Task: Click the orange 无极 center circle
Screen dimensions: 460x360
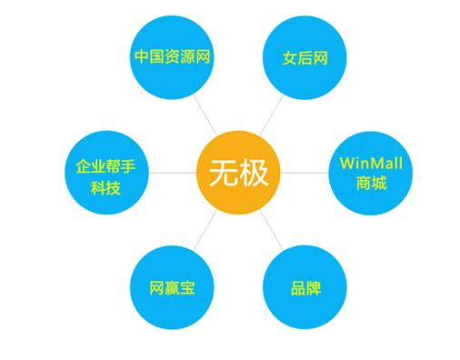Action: tap(238, 173)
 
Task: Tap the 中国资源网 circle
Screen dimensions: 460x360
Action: tap(172, 57)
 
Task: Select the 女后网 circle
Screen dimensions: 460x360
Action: tap(305, 57)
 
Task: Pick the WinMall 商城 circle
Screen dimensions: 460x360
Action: tap(371, 173)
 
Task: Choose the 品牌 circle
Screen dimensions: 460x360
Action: tap(305, 287)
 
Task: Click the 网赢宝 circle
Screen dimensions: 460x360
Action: tap(172, 287)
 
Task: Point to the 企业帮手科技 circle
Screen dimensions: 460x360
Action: tap(106, 173)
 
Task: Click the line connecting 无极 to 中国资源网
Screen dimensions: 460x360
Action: tap(205, 115)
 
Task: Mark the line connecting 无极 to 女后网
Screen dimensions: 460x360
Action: tap(272, 115)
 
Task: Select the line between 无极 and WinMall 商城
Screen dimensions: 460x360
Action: tap(305, 173)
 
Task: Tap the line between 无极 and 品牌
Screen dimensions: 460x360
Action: tap(272, 230)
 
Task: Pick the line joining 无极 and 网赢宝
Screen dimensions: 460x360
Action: tap(205, 230)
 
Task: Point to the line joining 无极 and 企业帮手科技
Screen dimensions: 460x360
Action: tap(173, 173)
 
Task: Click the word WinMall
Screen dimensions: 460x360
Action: tap(371, 164)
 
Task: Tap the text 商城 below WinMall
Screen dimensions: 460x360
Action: tap(371, 183)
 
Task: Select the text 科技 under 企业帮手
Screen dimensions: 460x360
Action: tap(105, 188)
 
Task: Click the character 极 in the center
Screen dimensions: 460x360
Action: tap(254, 173)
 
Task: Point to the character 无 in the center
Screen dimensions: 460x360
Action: tap(224, 173)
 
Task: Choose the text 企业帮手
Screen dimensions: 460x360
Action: tap(105, 166)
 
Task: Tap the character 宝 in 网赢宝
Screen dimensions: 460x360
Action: tap(187, 287)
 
